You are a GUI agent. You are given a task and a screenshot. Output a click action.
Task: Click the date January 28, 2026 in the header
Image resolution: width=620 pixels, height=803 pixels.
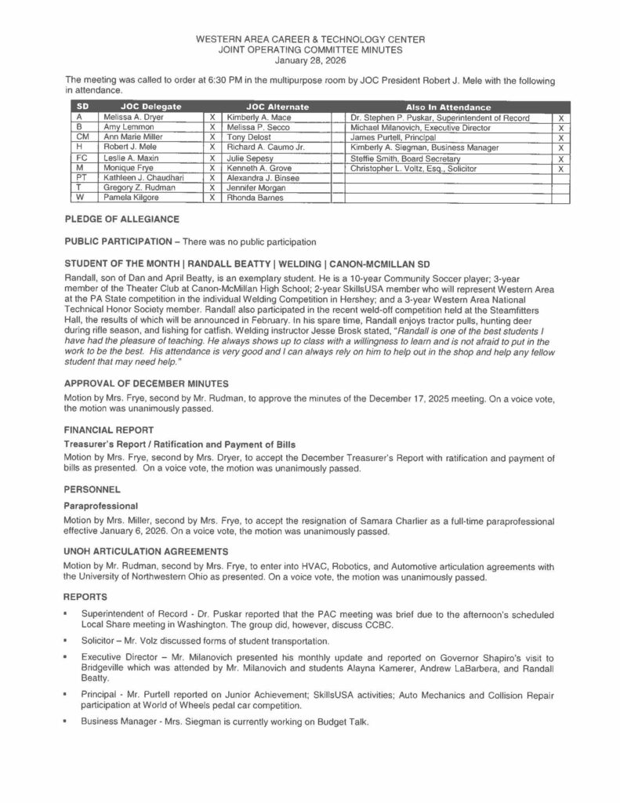pos(310,60)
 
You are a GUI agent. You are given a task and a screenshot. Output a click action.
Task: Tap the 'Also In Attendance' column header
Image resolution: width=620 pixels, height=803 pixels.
pos(448,107)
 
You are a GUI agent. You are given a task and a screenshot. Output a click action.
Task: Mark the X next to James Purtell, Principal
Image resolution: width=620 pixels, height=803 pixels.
pos(560,138)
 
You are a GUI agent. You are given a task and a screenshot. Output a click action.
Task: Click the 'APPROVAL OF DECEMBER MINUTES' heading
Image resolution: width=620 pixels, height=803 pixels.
pos(146,384)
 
